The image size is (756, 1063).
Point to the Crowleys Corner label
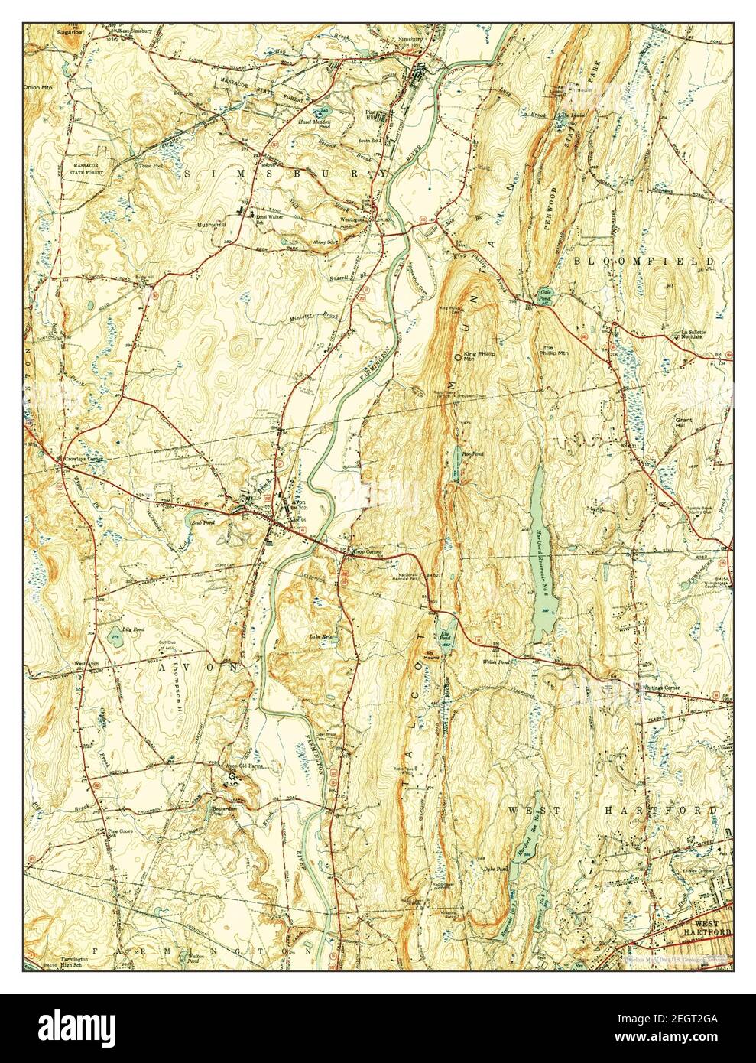84,459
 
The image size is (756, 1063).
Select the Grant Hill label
683,421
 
